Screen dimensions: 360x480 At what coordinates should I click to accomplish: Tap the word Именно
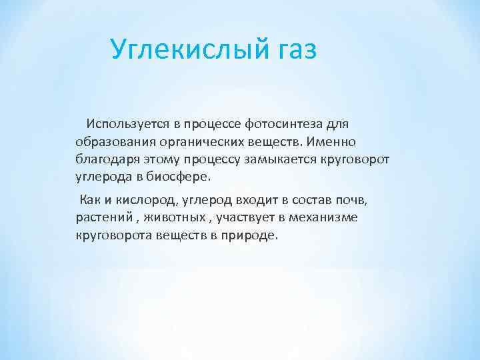pyautogui.click(x=334, y=142)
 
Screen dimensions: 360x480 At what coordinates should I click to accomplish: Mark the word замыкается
pyautogui.click(x=291, y=160)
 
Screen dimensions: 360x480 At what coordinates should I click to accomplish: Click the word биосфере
pyautogui.click(x=177, y=178)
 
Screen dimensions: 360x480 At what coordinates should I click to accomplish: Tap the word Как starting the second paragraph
pyautogui.click(x=89, y=200)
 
